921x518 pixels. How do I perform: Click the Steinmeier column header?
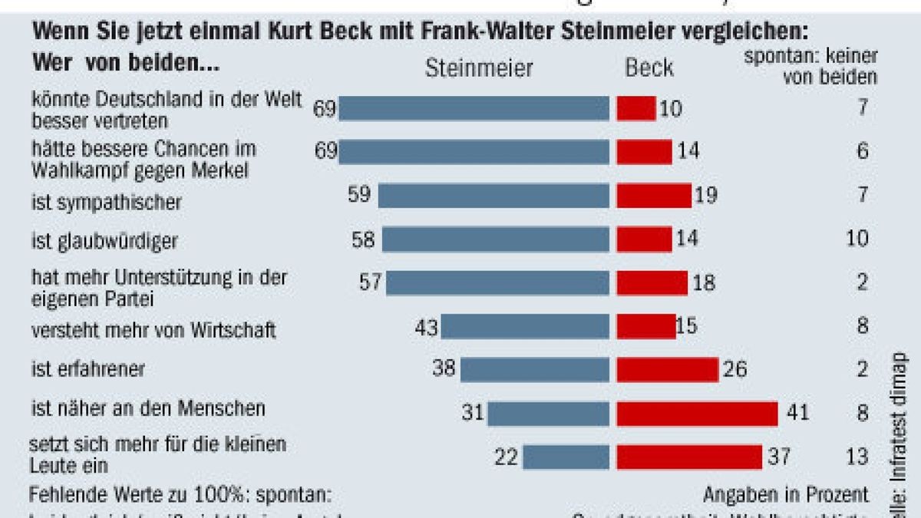[x=479, y=68]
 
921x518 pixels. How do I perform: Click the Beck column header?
[x=649, y=68]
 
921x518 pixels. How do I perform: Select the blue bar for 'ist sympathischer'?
[x=494, y=196]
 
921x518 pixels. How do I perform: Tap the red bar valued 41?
[x=697, y=414]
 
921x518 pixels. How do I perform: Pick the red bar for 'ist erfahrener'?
[x=667, y=370]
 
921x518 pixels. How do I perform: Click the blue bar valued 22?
[x=566, y=457]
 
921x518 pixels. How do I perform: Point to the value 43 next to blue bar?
[x=425, y=327]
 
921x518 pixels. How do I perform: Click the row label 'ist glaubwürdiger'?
[x=104, y=241]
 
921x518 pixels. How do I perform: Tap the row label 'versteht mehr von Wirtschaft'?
[x=153, y=331]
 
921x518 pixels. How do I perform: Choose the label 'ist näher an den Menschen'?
[x=147, y=408]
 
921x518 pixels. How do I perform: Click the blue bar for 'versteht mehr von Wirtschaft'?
[x=525, y=327]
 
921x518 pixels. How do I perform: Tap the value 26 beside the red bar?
[x=734, y=370]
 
